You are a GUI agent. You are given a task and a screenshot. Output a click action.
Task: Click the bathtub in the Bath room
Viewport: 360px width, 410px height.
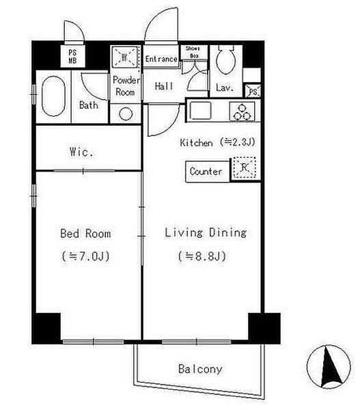point(53,96)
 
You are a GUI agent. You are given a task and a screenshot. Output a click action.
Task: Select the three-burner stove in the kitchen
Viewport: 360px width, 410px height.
point(242,111)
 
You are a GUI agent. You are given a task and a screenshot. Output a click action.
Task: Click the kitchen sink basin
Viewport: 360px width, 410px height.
point(201,111)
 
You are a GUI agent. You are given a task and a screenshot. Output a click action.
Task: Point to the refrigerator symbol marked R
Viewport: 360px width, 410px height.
point(245,167)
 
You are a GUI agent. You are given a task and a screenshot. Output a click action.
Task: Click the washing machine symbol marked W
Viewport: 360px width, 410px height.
point(125,57)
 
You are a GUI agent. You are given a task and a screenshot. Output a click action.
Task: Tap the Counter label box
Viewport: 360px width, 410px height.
point(207,172)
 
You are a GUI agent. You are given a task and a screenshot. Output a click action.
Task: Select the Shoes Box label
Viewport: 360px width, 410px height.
point(194,53)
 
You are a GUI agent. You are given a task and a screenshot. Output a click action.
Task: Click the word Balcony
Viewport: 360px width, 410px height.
point(200,369)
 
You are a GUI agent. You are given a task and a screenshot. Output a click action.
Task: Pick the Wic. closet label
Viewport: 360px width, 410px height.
point(81,152)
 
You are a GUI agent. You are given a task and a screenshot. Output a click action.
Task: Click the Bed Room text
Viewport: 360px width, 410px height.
point(85,234)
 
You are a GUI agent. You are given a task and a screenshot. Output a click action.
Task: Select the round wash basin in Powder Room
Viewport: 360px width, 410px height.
point(126,114)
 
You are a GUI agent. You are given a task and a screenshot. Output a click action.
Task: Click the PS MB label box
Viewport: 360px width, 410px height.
point(72,57)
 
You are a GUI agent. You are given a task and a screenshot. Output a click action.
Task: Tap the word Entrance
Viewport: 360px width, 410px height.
point(161,59)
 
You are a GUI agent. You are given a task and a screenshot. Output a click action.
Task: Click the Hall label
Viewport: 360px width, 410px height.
point(164,86)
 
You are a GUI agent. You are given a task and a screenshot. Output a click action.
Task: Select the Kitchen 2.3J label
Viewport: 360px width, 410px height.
point(217,142)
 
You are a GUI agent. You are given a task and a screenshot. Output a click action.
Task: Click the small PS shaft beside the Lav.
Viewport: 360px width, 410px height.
point(253,92)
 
